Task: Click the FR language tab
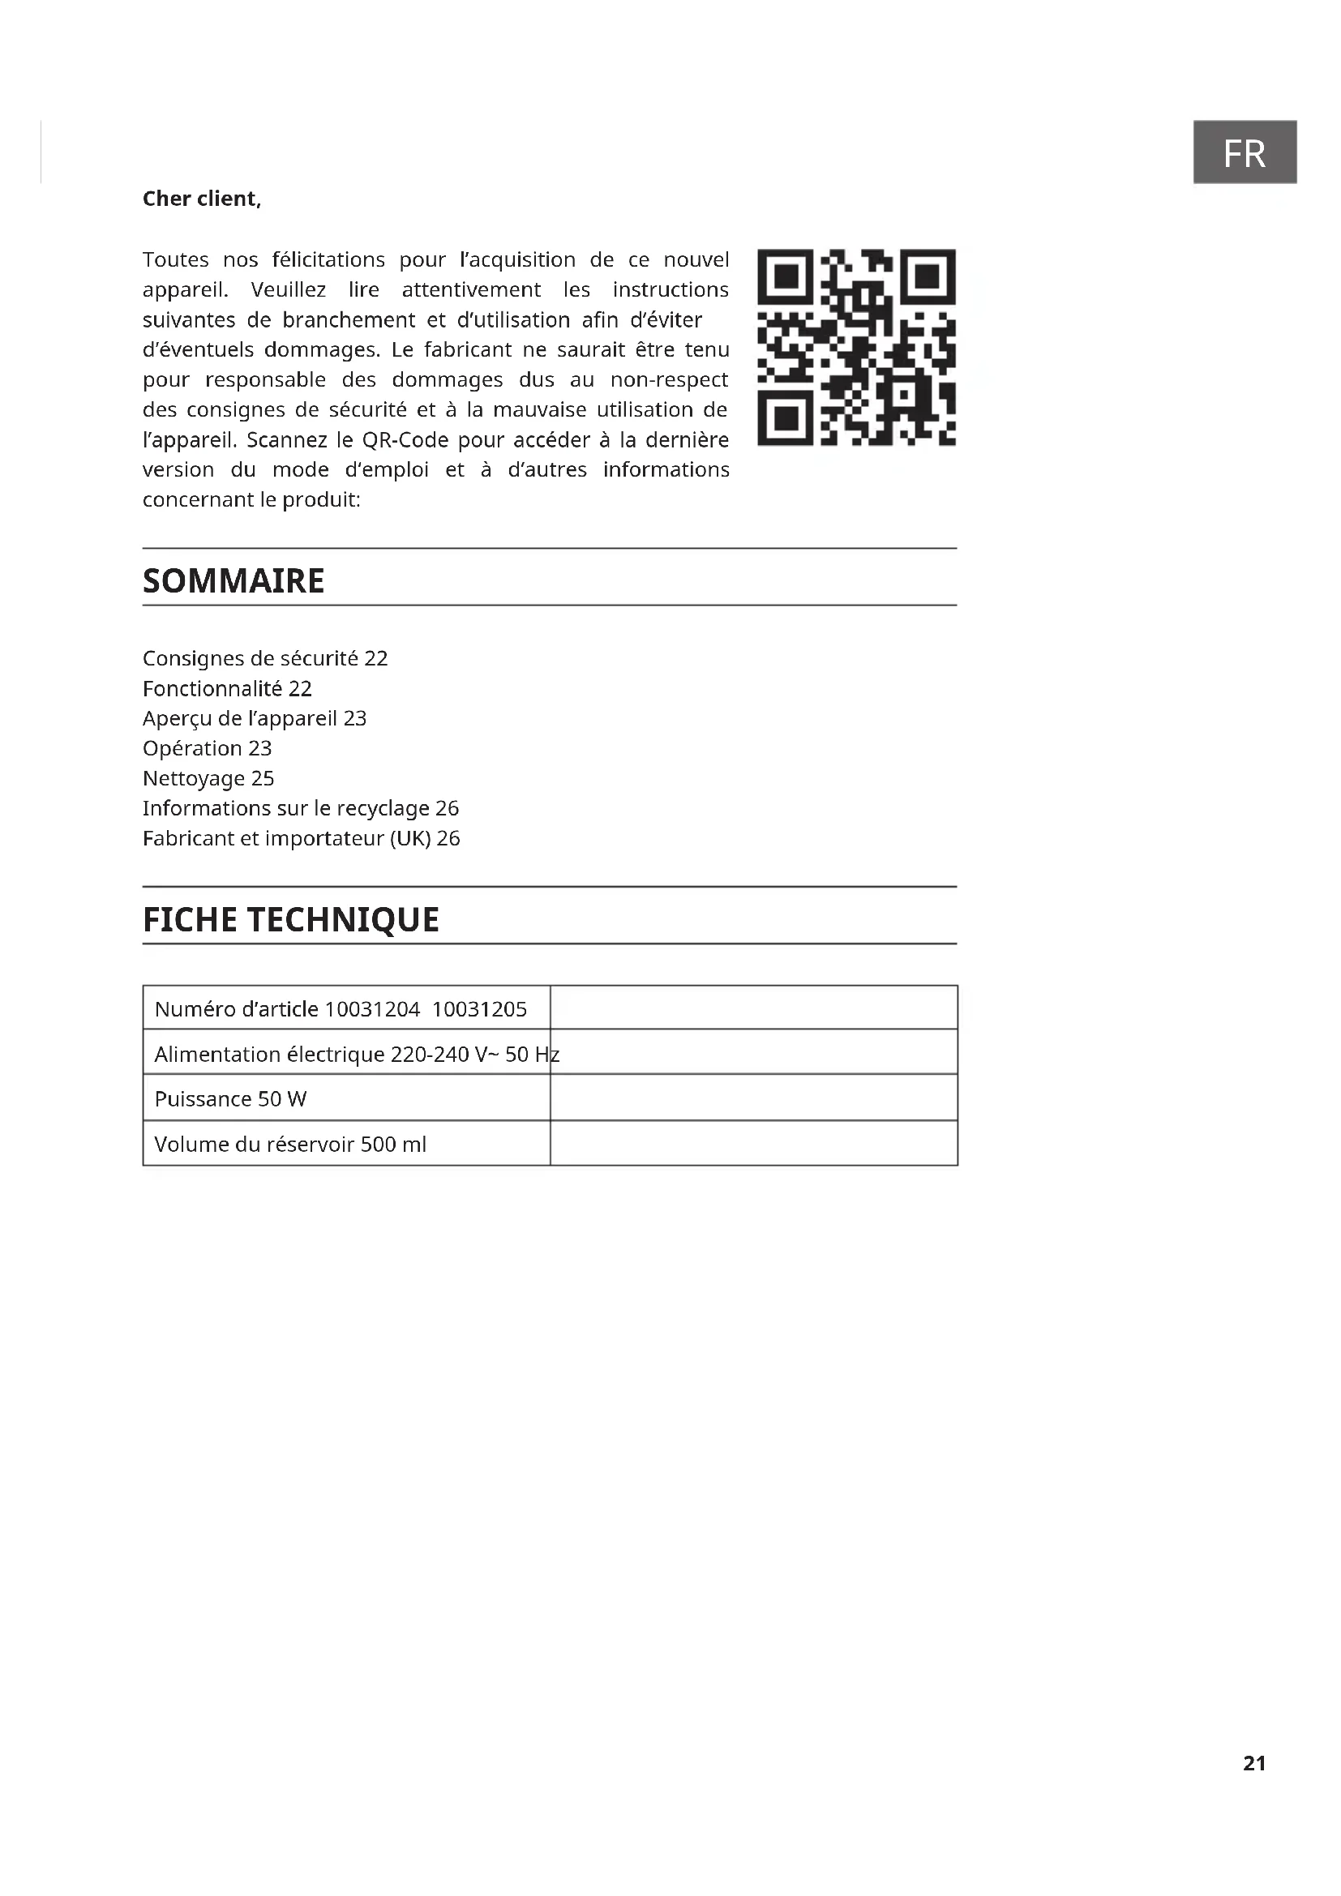1244,152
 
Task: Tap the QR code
856,347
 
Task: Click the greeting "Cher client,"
202,199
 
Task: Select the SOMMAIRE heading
233,580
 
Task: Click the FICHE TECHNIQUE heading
291,919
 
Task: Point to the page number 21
1253,1762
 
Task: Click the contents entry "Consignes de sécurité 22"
265,658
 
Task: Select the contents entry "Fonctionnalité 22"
227,688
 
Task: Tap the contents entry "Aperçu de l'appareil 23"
255,718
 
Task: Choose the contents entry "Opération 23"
208,748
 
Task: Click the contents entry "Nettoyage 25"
208,778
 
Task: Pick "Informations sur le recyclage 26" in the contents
301,807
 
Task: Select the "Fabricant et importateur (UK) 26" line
302,838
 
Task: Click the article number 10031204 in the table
372,1009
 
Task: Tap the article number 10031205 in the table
479,1009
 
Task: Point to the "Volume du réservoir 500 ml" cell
289,1145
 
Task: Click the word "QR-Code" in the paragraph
405,440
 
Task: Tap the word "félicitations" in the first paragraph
328,260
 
